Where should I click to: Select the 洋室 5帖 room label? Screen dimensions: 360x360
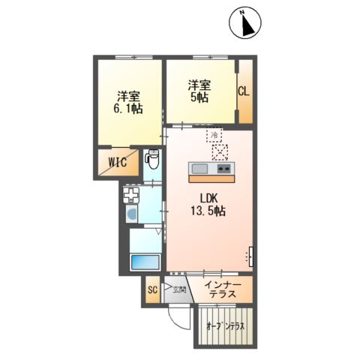coord(199,91)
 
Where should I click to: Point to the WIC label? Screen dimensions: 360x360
coord(116,162)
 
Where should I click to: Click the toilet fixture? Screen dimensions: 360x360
coord(152,160)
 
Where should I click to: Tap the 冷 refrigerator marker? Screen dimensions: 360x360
coord(216,134)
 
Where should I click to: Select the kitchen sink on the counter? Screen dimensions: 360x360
coord(200,169)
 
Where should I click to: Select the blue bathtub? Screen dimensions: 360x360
coord(145,263)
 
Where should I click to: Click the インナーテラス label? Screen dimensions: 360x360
coord(223,289)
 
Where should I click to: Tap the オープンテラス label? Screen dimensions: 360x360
coord(226,326)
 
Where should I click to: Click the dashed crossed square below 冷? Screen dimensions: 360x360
coord(220,152)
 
